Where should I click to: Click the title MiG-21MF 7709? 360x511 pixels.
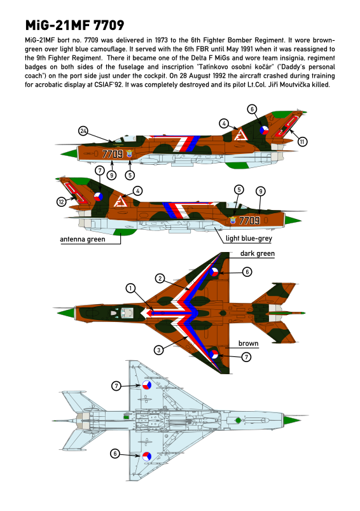pos(74,25)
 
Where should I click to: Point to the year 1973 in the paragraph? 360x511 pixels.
pos(161,40)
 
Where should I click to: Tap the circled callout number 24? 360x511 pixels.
pos(83,131)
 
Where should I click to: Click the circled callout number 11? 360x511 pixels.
pos(302,141)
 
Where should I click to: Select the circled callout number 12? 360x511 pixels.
pos(61,202)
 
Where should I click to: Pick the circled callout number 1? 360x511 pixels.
pos(130,288)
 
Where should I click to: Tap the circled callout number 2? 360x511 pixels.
pos(160,278)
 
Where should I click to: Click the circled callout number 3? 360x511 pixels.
pos(158,351)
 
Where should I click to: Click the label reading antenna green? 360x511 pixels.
pos(83,239)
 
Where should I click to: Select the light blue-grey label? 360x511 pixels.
pos(249,238)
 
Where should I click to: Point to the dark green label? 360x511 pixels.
pos(258,253)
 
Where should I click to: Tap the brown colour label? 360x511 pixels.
pos(248,344)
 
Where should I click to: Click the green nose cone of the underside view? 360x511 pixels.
pos(292,420)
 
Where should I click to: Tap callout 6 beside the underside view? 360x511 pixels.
pos(114,454)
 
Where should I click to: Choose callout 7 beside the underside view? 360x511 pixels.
pos(116,386)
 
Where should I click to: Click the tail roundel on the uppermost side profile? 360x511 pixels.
pos(264,130)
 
